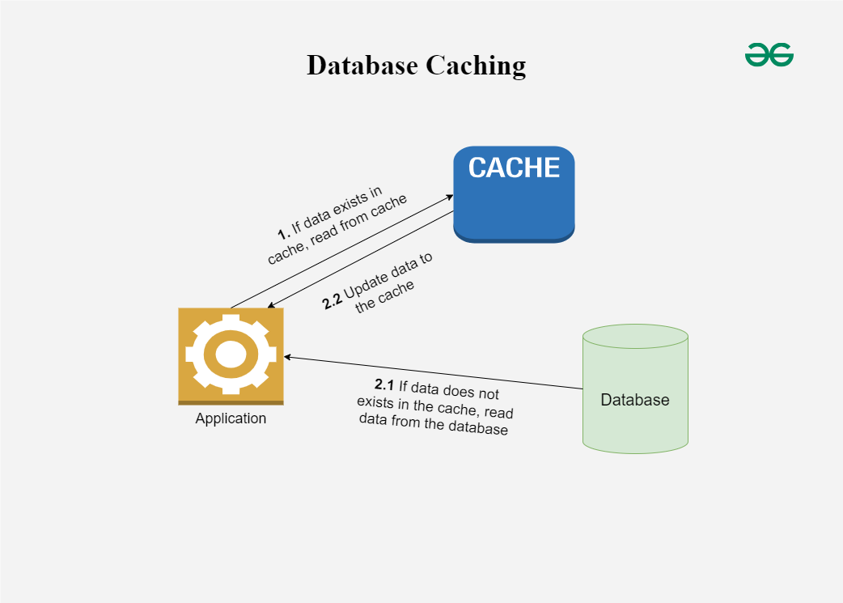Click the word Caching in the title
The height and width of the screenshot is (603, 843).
[476, 66]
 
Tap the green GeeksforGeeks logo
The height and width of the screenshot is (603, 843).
[769, 55]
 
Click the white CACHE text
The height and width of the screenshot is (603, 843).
[514, 168]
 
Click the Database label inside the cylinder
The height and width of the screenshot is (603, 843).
[635, 400]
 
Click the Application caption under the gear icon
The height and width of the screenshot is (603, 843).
[231, 418]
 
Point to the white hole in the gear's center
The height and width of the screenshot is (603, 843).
[231, 354]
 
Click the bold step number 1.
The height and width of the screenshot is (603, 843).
[283, 236]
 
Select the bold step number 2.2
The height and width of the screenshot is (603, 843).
[332, 302]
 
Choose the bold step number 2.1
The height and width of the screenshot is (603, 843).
[383, 384]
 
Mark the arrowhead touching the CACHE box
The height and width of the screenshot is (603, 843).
[449, 196]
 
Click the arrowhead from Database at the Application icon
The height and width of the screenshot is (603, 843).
[286, 357]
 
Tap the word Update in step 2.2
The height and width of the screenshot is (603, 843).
[367, 284]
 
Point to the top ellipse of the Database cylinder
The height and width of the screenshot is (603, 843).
[635, 336]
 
